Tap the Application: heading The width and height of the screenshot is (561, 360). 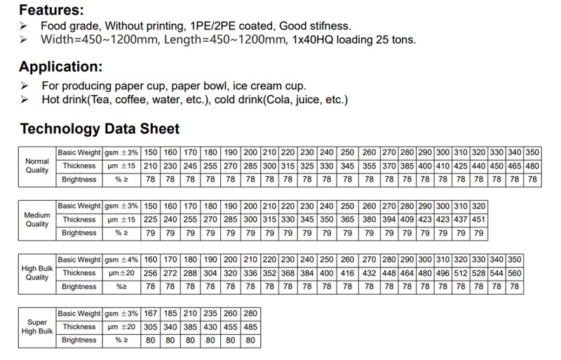click(x=60, y=67)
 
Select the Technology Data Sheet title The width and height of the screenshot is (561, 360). click(x=100, y=128)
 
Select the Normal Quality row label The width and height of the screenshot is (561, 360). click(x=36, y=166)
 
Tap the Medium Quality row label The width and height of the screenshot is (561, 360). click(x=36, y=220)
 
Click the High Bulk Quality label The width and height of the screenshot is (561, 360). click(x=37, y=273)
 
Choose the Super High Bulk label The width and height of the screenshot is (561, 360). click(x=37, y=327)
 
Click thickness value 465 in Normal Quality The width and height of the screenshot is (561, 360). click(x=515, y=166)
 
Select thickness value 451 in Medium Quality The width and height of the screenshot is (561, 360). click(x=478, y=220)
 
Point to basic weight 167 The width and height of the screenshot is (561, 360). click(x=151, y=314)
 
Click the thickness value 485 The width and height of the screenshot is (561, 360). click(x=251, y=327)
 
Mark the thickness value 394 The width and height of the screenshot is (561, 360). click(x=388, y=220)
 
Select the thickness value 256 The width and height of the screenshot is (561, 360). click(x=151, y=274)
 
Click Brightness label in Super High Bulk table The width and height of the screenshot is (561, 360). click(x=79, y=340)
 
